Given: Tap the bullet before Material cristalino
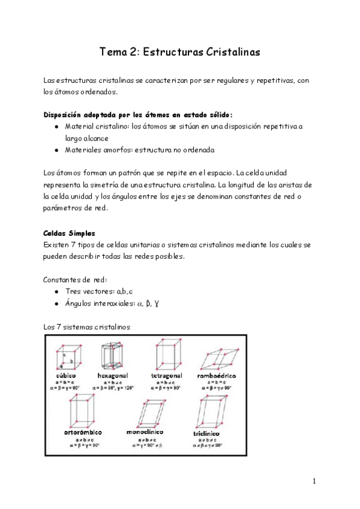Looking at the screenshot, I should pos(56,127).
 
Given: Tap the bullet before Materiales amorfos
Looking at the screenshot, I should pos(56,149).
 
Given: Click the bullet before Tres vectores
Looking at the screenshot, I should pos(56,291).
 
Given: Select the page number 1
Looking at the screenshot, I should pos(314,481).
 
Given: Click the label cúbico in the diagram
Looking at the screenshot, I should pos(66,375).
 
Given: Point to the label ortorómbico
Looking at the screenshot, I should pos(82,432).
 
